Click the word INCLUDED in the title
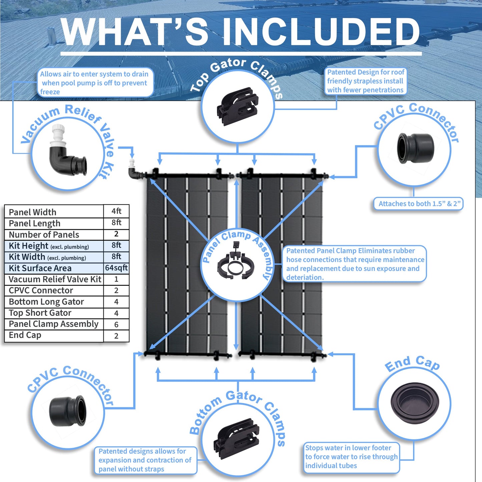click(x=320, y=32)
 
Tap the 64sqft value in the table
click(x=116, y=268)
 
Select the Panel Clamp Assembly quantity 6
click(x=116, y=324)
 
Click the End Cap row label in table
click(x=25, y=335)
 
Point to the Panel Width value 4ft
click(x=116, y=211)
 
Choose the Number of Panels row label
click(x=44, y=234)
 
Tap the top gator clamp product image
click(x=237, y=106)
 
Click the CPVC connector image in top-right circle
click(x=415, y=148)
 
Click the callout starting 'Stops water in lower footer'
click(x=351, y=457)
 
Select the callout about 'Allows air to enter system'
click(x=94, y=83)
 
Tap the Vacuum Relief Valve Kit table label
click(x=55, y=279)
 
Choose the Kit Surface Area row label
click(x=40, y=268)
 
